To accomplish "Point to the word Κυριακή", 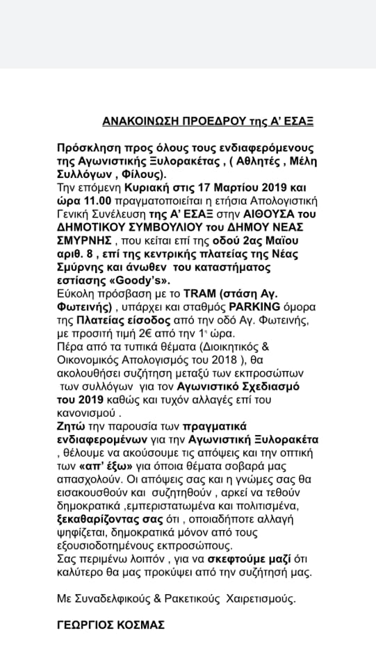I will point(145,188).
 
